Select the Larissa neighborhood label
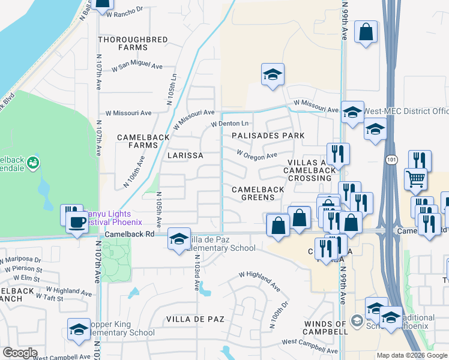185,155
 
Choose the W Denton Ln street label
229,124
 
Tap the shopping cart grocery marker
415,178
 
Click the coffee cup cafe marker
76,221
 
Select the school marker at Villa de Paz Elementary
179,238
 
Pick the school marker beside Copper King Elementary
79,330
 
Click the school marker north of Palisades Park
273,74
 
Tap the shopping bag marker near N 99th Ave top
366,31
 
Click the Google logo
20,353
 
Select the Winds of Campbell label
325,328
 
